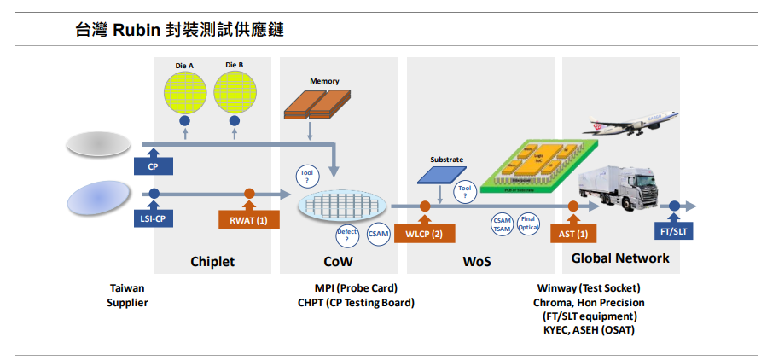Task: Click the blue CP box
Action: tap(154, 166)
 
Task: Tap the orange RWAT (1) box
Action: tap(249, 220)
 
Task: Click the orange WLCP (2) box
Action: tap(424, 233)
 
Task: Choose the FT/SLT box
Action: tap(674, 230)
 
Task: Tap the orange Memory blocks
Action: tap(311, 103)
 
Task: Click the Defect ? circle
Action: tap(347, 236)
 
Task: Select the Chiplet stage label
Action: tap(212, 261)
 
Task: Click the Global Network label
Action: tap(620, 258)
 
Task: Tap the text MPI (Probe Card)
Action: tap(356, 287)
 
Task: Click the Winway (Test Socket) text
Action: tap(589, 287)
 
